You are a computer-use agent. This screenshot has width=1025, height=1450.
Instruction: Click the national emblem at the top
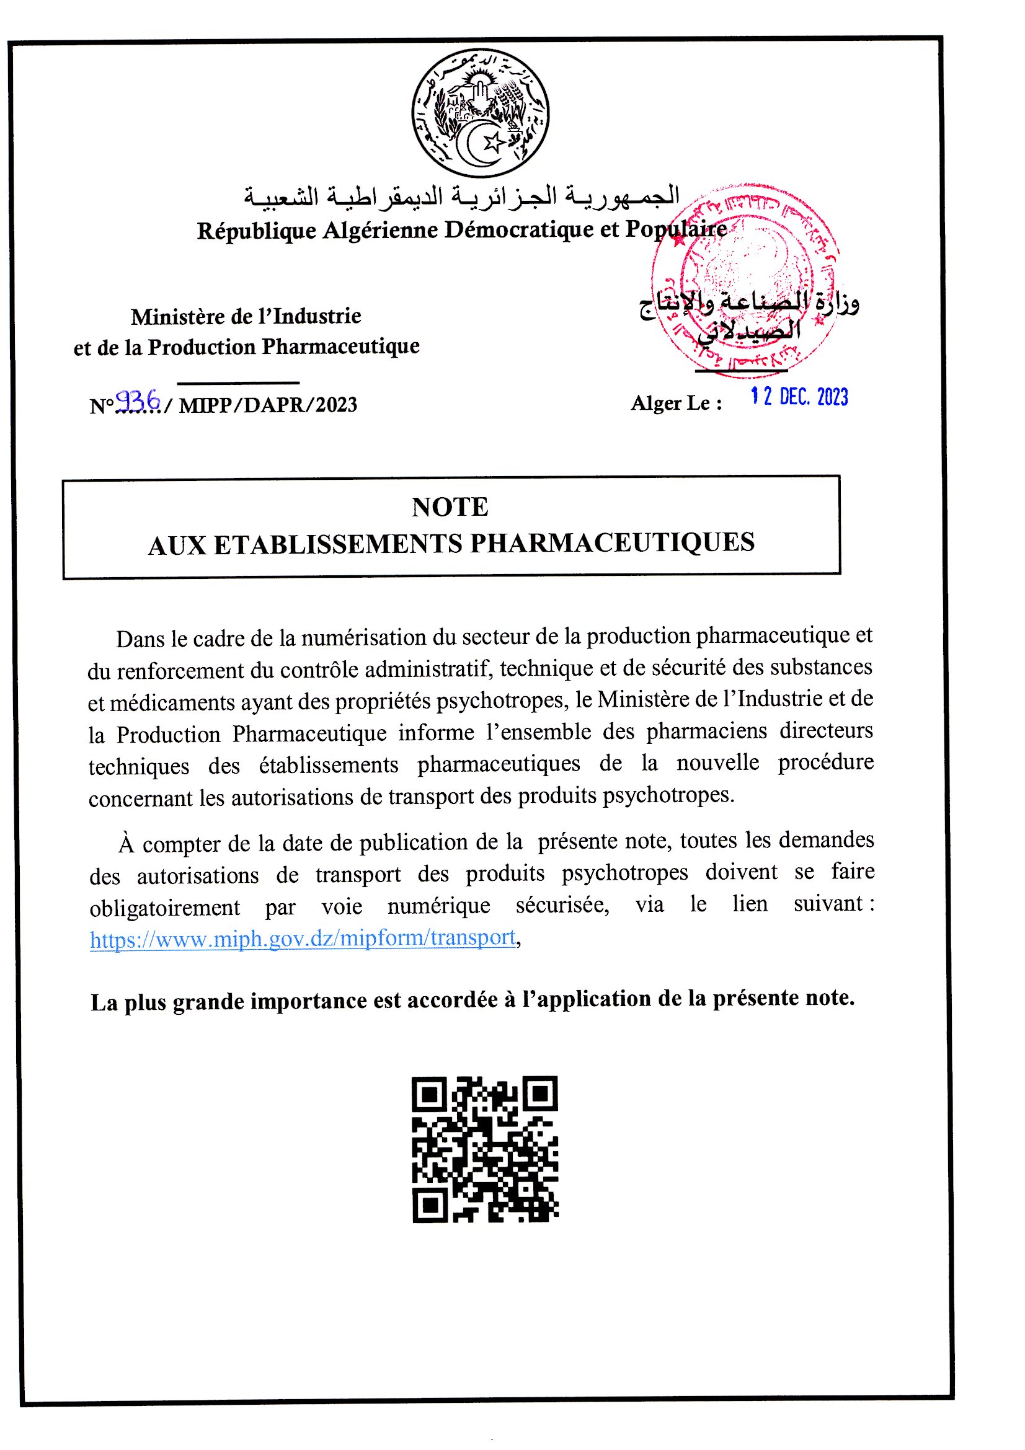tap(480, 113)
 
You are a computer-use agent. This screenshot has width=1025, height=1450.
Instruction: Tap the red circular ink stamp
tap(745, 281)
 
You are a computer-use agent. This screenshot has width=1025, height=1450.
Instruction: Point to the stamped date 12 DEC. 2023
tap(799, 397)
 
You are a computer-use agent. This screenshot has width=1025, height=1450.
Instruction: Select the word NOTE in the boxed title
tap(450, 507)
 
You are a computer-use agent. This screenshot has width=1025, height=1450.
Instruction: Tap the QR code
tap(485, 1149)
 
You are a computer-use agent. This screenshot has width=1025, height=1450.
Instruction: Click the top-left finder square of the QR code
tap(431, 1094)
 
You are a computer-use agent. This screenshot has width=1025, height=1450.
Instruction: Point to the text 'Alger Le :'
tap(677, 403)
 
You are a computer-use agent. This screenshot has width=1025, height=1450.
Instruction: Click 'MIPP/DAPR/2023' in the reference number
tap(268, 405)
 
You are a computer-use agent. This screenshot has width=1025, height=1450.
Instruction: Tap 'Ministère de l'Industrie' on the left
tap(246, 316)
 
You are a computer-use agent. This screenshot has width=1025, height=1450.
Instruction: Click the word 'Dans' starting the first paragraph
tap(138, 639)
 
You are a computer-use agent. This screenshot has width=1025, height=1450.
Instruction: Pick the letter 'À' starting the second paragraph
tap(126, 844)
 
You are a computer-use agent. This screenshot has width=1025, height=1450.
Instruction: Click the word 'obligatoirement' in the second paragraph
tap(165, 908)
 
